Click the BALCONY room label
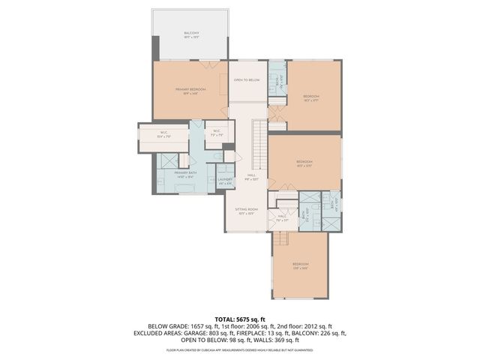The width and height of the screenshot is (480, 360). pos(191,34)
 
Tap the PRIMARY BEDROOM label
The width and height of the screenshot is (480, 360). pos(190,91)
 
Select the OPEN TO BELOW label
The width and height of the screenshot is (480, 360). pos(246,79)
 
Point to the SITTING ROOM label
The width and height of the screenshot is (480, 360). pos(246,211)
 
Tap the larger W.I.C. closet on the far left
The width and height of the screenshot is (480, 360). pos(163,136)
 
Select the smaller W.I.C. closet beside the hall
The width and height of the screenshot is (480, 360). pos(216,134)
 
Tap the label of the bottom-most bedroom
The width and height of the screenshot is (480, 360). pos(300,265)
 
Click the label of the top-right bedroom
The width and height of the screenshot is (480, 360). pos(311,97)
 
